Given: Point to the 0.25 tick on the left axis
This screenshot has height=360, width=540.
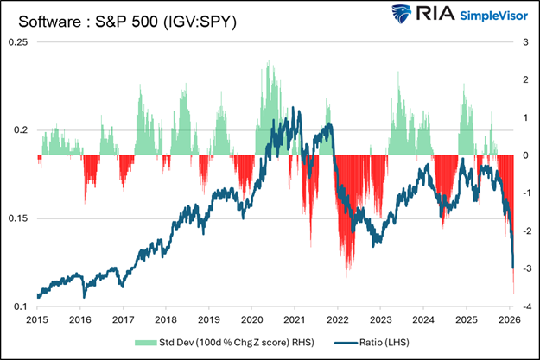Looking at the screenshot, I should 17,41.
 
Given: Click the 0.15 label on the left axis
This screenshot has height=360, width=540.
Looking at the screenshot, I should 17,218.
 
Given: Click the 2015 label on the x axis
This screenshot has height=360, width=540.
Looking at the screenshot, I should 37,319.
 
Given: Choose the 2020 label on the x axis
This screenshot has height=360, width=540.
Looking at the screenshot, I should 251,319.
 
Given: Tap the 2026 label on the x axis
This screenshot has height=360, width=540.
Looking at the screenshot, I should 509,319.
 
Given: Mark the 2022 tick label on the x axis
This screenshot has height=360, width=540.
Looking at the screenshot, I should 337,319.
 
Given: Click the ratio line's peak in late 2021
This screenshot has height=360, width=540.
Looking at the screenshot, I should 327,126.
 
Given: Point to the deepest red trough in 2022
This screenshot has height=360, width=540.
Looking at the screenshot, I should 346,276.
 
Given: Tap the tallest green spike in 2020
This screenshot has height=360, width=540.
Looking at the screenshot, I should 270,62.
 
